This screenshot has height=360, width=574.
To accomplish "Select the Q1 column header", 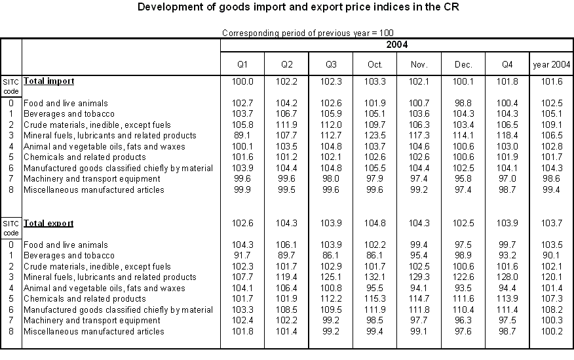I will pyautogui.click(x=242, y=65).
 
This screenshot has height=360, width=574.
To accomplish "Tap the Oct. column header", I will pyautogui.click(x=374, y=65).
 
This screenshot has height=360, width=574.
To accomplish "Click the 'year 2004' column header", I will pyautogui.click(x=551, y=65).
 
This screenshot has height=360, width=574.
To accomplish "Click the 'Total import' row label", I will pyautogui.click(x=48, y=81).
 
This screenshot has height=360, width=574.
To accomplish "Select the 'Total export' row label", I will pyautogui.click(x=48, y=223).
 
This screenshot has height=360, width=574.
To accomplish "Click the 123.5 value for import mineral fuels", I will pyautogui.click(x=374, y=136).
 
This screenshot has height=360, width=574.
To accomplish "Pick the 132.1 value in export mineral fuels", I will pyautogui.click(x=374, y=277).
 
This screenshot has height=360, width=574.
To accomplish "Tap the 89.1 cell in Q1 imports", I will pyautogui.click(x=242, y=136).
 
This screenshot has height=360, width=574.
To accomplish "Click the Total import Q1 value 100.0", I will pyautogui.click(x=242, y=81).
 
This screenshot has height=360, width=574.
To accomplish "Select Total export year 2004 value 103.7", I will pyautogui.click(x=551, y=223).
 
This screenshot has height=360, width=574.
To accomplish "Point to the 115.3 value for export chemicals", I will pyautogui.click(x=374, y=299).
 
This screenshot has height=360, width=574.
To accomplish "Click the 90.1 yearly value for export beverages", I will pyautogui.click(x=551, y=256).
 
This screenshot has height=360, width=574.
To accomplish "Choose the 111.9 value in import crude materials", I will pyautogui.click(x=286, y=125).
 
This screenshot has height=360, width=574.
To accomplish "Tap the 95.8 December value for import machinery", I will pyautogui.click(x=463, y=179).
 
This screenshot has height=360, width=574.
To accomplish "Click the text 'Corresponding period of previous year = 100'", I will pyautogui.click(x=308, y=33).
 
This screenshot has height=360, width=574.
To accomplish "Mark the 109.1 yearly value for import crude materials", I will pyautogui.click(x=551, y=125).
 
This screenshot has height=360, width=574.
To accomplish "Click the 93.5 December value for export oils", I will pyautogui.click(x=463, y=288).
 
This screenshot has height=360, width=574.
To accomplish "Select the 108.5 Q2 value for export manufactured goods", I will pyautogui.click(x=286, y=310).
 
